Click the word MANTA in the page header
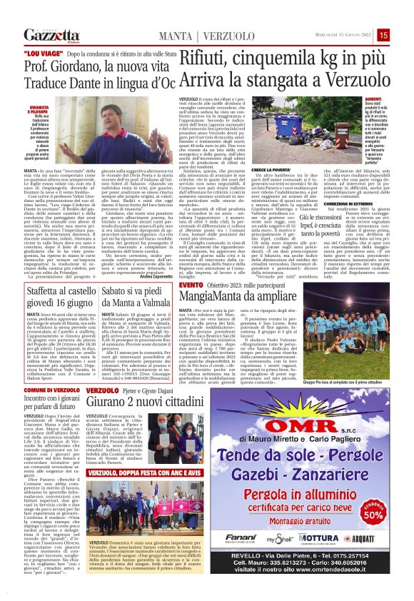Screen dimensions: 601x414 [176, 36]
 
